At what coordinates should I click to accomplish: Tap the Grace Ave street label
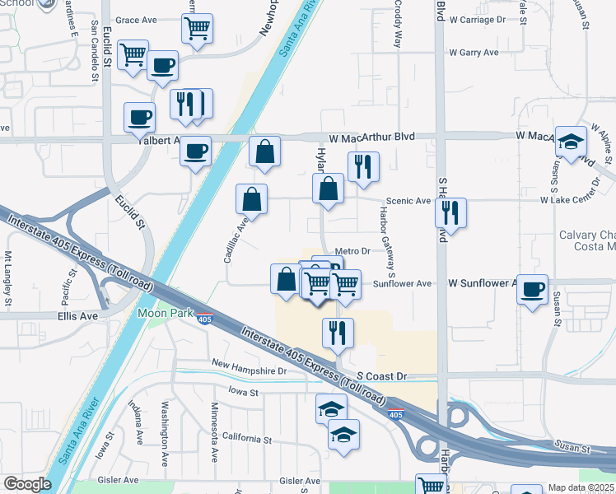click(136, 20)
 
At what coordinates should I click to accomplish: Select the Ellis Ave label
click(77, 315)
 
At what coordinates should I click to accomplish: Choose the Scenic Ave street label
click(408, 201)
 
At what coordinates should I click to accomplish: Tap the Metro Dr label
click(355, 251)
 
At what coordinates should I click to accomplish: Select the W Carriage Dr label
click(483, 19)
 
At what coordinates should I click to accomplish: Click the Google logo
click(27, 484)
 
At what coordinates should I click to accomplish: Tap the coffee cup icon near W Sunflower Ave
click(533, 289)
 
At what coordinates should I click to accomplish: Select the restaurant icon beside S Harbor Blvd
click(450, 213)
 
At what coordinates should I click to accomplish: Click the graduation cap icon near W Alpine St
click(571, 142)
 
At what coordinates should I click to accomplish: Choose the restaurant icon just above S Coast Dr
click(338, 333)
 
